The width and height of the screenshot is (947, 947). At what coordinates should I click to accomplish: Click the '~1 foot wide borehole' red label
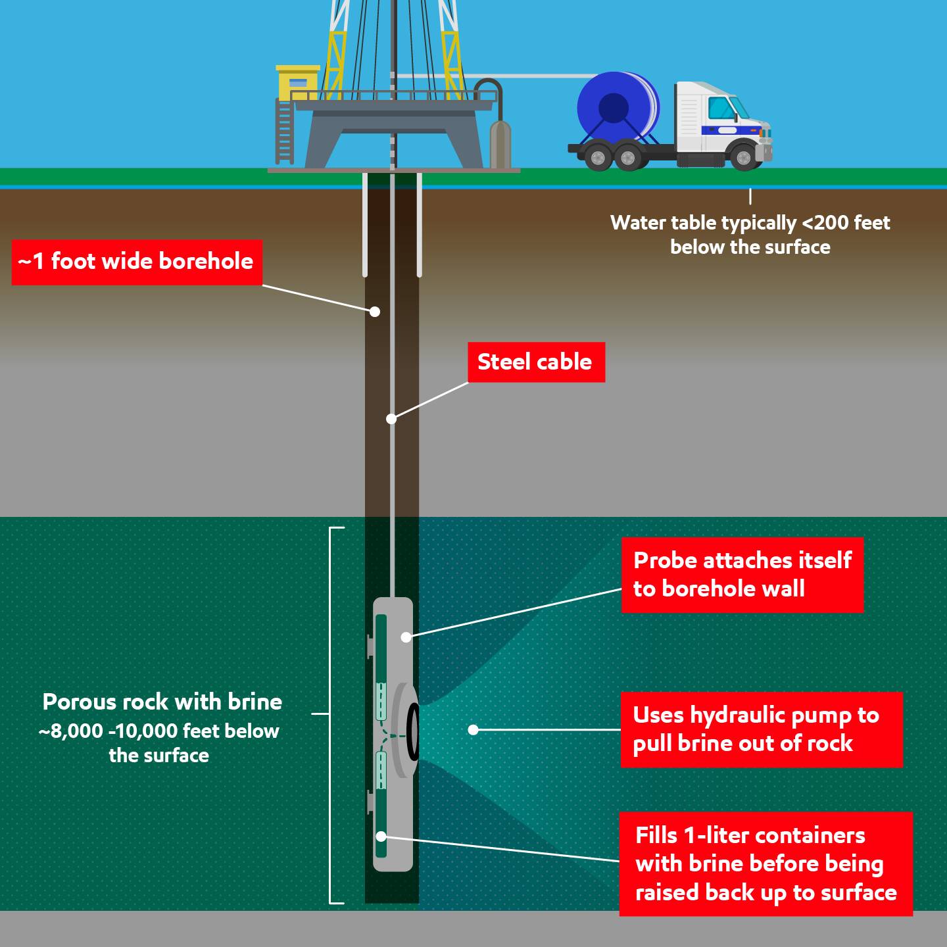[x=137, y=262]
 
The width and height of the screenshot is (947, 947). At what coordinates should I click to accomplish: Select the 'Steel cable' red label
[x=536, y=362]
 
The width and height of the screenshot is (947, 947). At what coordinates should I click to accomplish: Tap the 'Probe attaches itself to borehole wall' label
[x=742, y=575]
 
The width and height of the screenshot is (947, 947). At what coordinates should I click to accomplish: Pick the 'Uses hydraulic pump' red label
[x=761, y=729]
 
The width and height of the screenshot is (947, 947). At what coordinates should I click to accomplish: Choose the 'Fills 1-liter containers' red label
[x=765, y=863]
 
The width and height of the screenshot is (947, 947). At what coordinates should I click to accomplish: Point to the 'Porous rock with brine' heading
[x=162, y=702]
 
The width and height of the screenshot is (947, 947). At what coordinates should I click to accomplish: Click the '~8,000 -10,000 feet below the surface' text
[x=159, y=743]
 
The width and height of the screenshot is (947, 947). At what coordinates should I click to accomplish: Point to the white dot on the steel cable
[x=391, y=419]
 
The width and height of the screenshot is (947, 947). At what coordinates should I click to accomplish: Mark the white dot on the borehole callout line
[x=374, y=312]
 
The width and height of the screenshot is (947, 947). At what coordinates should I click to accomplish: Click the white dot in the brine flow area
[x=473, y=729]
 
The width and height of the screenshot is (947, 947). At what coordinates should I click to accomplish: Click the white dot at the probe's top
[x=406, y=637]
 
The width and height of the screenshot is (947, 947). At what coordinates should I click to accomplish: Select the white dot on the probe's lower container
[x=381, y=837]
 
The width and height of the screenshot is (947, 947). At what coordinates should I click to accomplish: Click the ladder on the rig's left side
[x=284, y=132]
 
